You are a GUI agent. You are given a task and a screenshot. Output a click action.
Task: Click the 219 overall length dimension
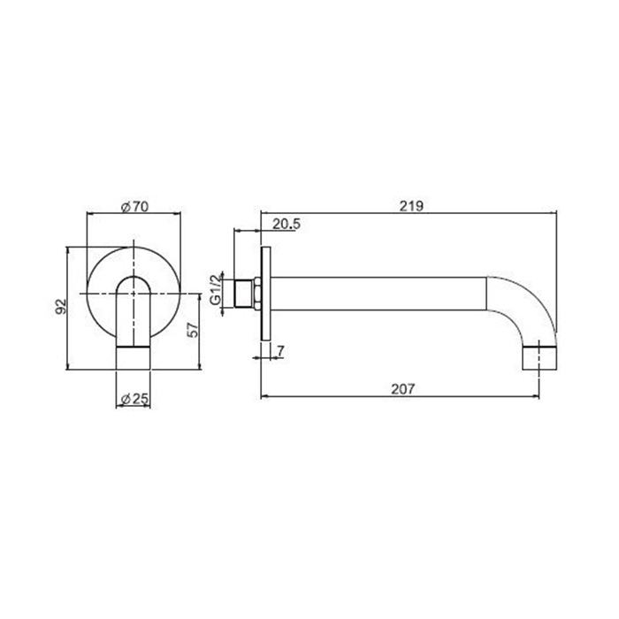411,206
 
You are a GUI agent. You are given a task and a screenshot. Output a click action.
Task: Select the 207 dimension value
403,389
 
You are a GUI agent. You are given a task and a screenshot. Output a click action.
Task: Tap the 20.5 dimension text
287,224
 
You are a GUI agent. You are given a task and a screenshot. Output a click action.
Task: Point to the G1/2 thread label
216,289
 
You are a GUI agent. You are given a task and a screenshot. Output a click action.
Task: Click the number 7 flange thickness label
280,350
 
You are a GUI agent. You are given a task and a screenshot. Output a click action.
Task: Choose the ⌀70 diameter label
134,206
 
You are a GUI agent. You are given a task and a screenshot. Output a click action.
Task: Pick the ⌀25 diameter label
134,399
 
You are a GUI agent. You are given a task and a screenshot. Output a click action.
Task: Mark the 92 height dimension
60,307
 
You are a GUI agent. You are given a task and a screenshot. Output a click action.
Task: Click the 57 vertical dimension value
193,330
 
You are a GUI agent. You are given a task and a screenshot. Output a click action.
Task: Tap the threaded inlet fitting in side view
244,294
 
